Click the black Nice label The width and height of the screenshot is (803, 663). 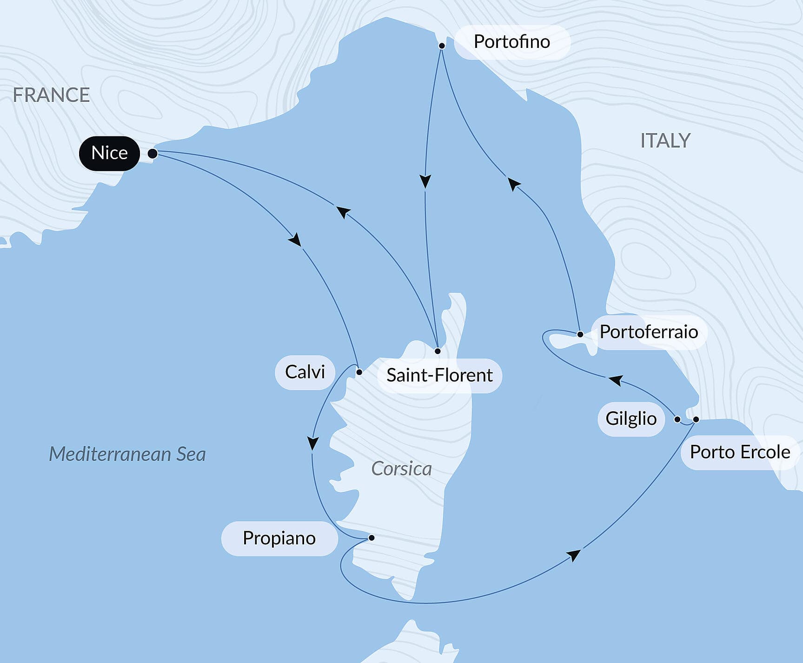[109, 153]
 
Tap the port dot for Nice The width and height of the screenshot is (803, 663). [153, 154]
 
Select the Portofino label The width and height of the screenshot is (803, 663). [511, 42]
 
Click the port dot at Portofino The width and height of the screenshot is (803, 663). [442, 46]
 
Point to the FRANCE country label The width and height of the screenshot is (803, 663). [51, 95]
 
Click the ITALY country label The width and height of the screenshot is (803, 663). [665, 141]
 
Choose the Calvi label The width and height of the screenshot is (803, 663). [305, 372]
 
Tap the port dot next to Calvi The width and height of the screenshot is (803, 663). [359, 372]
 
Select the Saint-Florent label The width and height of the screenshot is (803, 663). [439, 375]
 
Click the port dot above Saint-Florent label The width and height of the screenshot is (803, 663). [438, 351]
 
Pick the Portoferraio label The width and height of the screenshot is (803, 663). [649, 332]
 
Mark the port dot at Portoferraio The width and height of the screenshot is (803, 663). [580, 334]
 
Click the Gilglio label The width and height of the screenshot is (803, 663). [631, 419]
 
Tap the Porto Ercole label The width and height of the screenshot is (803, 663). [740, 452]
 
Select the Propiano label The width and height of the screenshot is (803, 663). [279, 538]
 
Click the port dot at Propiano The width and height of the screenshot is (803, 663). [372, 538]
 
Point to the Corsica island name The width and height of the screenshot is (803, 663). [401, 469]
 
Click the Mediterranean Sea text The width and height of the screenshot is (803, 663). [127, 454]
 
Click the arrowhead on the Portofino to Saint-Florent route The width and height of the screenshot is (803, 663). [425, 181]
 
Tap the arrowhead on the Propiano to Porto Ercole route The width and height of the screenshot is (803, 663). [574, 555]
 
